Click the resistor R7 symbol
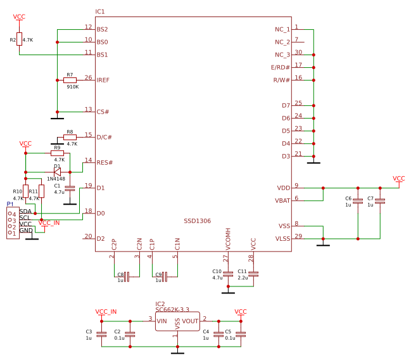tap(70, 80)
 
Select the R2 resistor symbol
tap(19, 39)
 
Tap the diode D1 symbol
tap(57, 171)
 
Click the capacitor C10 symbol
tap(228, 274)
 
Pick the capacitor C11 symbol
tap(253, 274)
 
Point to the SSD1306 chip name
tap(197, 221)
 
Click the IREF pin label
tap(103, 80)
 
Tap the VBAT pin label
tap(282, 201)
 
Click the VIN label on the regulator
tap(162, 321)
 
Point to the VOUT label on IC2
tap(190, 321)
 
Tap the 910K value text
tap(73, 87)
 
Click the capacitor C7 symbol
tap(380, 201)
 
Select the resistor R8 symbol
tap(70, 137)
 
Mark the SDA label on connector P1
tap(25, 211)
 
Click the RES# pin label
tap(104, 163)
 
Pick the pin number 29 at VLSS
tap(298, 236)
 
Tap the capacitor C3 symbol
tap(101, 334)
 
